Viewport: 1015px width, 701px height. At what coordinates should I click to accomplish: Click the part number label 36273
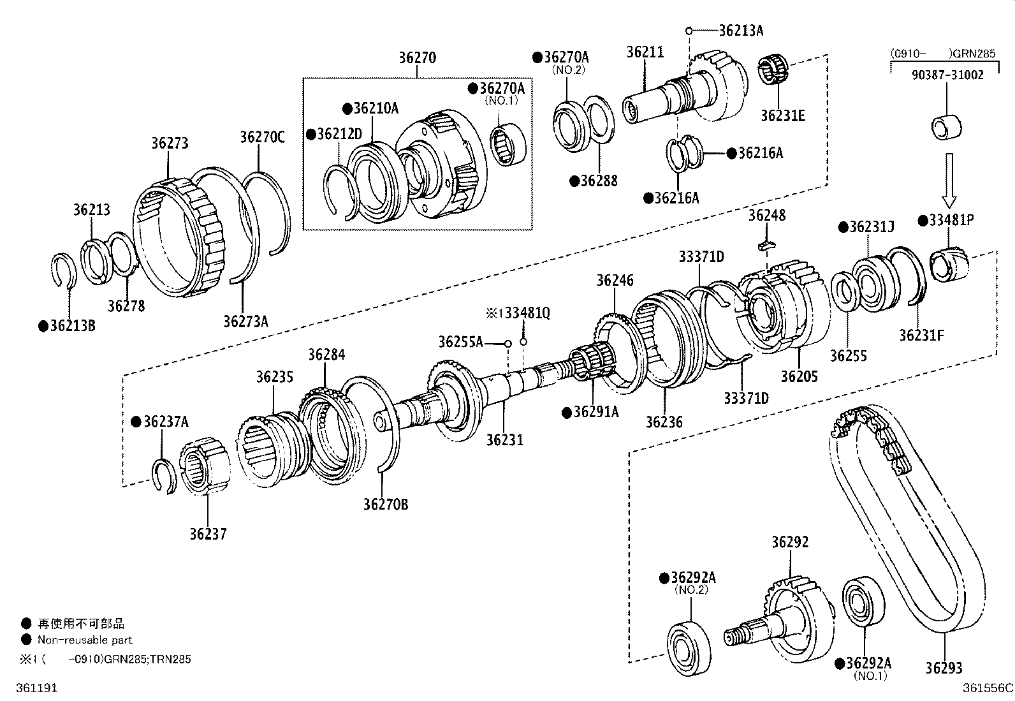coord(170,144)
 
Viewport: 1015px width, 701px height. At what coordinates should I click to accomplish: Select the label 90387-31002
coord(947,75)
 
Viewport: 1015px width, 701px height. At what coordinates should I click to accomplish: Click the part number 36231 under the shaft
coord(504,439)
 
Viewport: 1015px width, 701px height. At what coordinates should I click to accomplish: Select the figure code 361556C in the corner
coord(988,688)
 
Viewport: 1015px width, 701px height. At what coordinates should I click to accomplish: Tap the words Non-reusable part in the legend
coord(85,640)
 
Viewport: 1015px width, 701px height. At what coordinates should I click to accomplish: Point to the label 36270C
coord(262,137)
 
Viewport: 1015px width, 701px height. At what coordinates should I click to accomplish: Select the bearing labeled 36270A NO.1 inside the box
coord(509,142)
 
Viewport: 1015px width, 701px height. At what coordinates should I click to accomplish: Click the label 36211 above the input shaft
coord(645,52)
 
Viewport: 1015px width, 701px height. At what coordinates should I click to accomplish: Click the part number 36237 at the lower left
coord(207,533)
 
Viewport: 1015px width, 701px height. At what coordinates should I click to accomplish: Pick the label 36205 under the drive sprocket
coord(799,376)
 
